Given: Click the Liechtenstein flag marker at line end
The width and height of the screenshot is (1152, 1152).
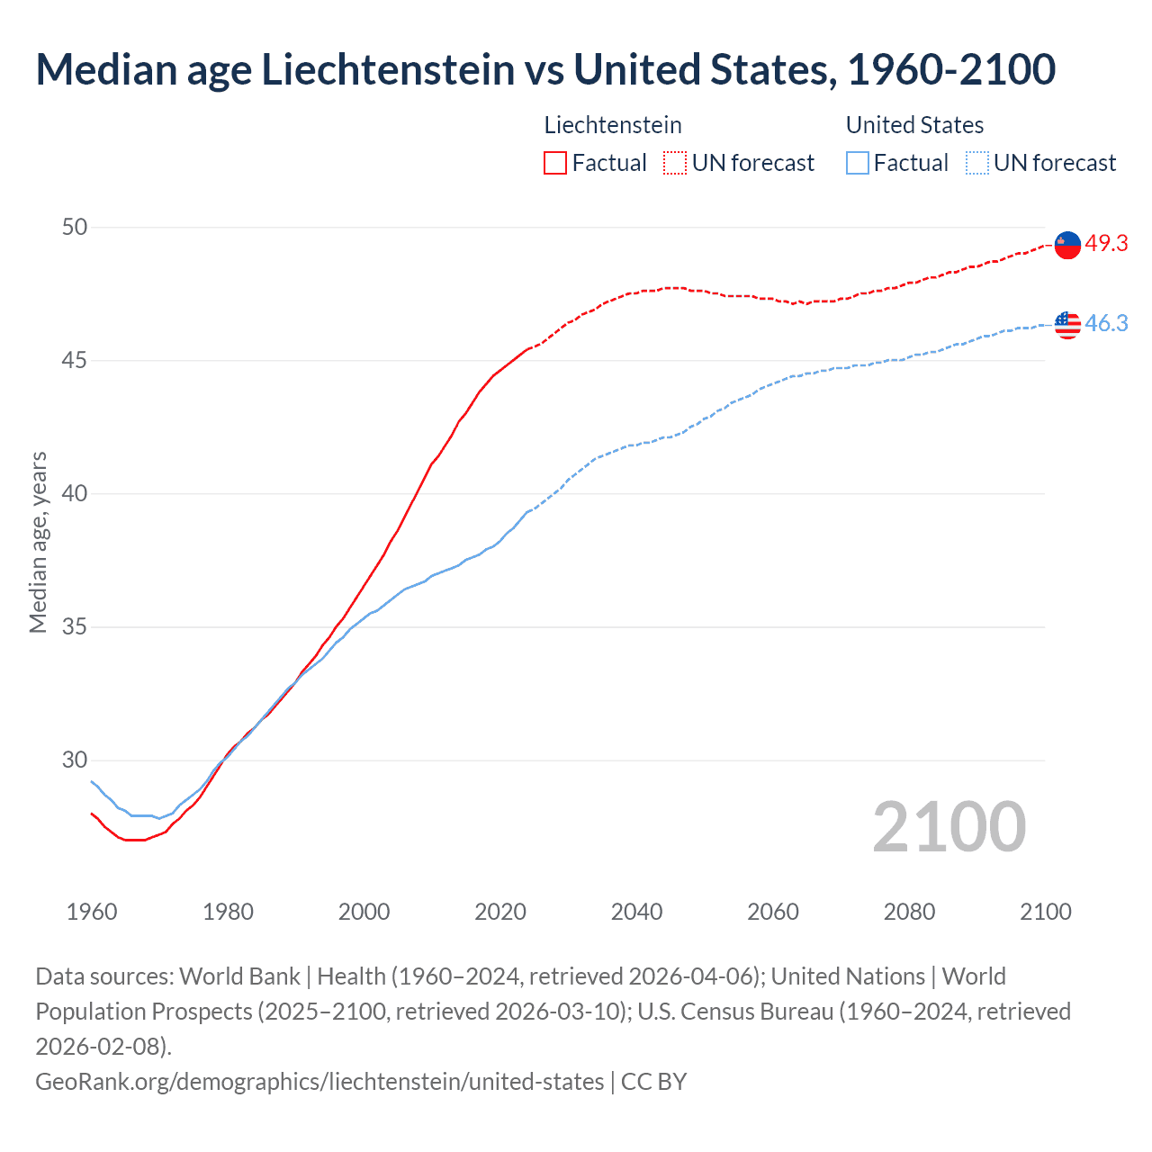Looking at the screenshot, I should click(1067, 244).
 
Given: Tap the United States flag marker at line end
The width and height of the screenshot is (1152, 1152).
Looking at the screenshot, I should click(1067, 324).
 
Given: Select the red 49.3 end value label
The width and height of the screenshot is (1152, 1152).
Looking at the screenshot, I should click(1106, 244).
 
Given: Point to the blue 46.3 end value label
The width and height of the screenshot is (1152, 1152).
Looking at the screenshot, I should click(1106, 324).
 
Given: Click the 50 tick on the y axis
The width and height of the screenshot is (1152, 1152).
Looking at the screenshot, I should click(75, 227).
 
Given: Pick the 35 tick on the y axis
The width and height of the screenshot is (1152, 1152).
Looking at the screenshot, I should click(75, 626).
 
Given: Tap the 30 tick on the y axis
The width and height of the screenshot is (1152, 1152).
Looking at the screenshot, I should click(75, 760).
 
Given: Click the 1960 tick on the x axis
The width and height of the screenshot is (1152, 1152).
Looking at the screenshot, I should click(92, 912).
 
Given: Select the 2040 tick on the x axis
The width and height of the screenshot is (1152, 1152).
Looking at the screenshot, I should click(636, 912).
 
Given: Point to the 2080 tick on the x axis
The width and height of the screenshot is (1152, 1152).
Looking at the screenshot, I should click(909, 912).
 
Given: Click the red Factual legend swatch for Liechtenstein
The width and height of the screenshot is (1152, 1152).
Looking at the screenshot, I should click(555, 163).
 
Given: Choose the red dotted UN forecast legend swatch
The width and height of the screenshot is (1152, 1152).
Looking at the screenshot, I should click(675, 163).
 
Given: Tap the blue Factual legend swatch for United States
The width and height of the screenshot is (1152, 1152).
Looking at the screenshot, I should click(858, 163).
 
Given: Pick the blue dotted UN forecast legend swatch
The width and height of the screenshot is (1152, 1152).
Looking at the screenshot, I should click(977, 163).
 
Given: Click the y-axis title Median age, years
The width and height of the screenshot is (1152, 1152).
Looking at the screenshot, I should click(38, 543).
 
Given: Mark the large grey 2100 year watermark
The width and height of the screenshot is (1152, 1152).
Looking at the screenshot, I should click(949, 827).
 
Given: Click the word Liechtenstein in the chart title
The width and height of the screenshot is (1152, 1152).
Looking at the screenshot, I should click(389, 70).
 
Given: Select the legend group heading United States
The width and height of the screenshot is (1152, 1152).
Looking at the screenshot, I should click(914, 125).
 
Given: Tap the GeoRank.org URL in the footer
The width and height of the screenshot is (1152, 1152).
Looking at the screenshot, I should click(319, 1081).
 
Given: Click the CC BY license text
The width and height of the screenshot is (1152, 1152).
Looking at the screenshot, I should click(654, 1081).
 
